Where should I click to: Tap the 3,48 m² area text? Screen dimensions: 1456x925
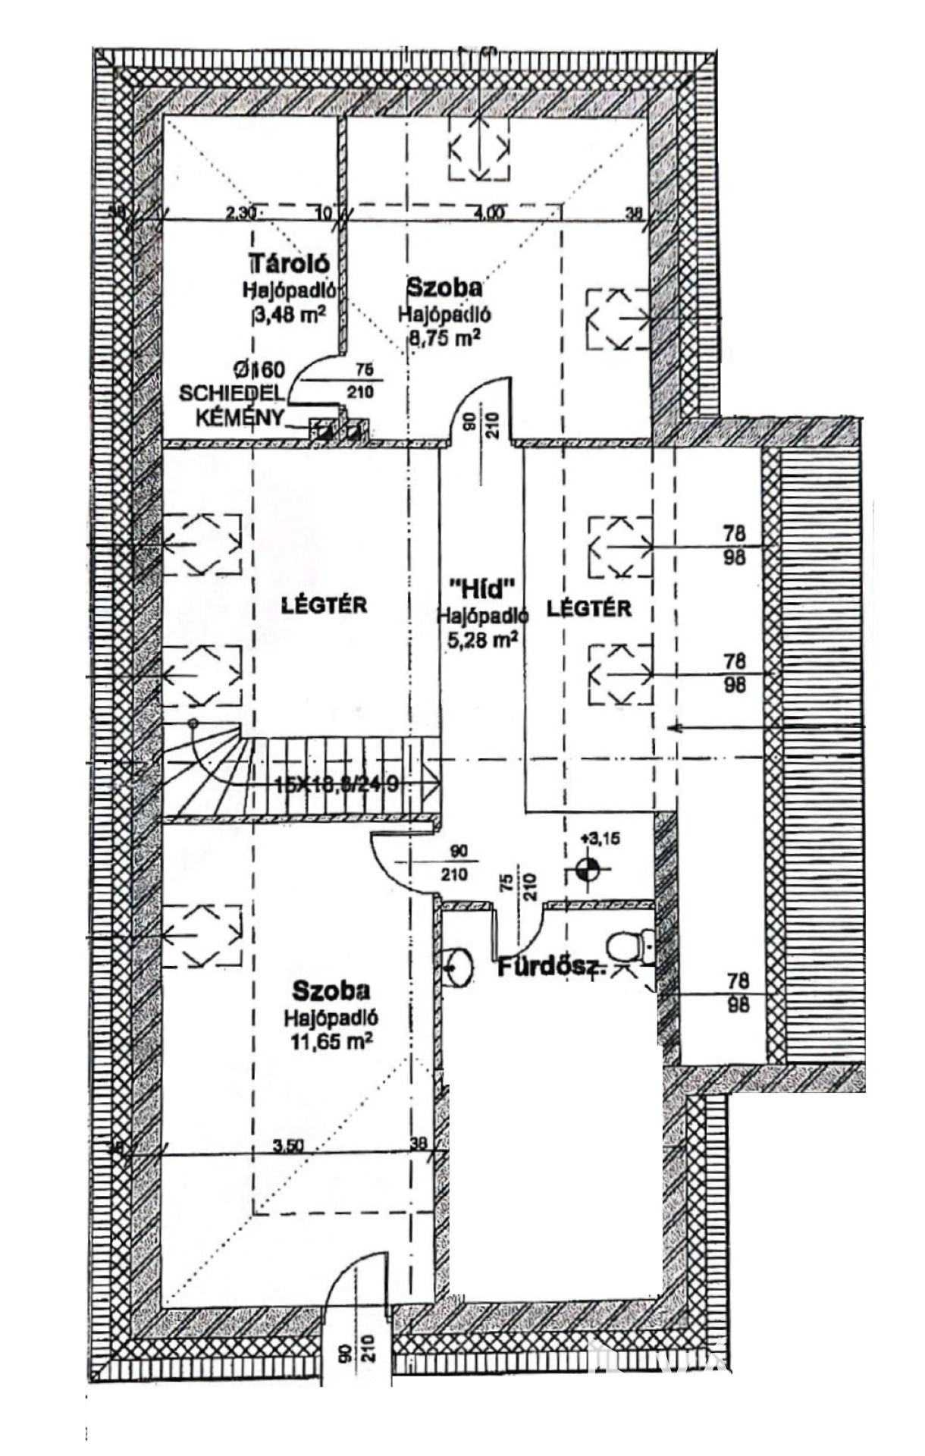(290, 313)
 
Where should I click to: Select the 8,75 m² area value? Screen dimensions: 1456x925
(445, 337)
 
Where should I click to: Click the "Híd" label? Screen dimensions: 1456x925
(482, 588)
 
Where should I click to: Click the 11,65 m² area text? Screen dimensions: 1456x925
(331, 1041)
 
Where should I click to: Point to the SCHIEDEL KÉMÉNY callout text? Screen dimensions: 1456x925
(231, 394)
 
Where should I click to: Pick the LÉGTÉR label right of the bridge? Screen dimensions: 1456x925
(589, 607)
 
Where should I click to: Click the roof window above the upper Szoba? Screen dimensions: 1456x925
(478, 150)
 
